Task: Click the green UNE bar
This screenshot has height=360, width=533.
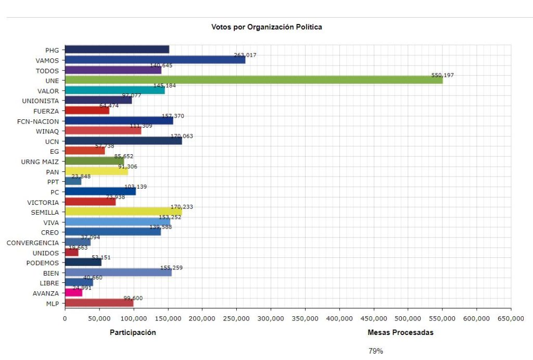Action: point(253,80)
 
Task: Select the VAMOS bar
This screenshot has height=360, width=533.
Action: point(155,60)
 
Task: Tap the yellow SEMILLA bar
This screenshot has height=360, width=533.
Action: point(123,212)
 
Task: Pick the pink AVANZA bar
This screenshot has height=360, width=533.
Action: point(73,293)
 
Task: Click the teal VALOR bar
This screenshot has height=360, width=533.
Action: point(115,91)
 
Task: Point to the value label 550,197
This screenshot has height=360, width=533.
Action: point(442,76)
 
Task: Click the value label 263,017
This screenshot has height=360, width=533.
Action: point(245,55)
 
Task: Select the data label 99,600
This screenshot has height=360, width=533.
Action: point(133,299)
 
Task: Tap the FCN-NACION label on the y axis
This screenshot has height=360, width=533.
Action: point(38,121)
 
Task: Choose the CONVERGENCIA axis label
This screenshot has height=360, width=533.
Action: point(32,243)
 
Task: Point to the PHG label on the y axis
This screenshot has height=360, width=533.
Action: point(52,50)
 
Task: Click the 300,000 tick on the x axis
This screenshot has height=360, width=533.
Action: point(271,318)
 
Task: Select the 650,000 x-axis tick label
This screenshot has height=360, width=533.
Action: point(511,318)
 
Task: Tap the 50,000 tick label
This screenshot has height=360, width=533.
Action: point(99,318)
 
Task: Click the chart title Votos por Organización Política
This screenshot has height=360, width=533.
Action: point(266,27)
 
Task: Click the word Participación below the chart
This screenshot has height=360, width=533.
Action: point(133,332)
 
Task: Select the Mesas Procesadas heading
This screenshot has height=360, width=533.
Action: point(400,332)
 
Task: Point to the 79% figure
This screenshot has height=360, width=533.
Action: point(376,351)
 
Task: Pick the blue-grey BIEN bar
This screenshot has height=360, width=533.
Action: point(118,273)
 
